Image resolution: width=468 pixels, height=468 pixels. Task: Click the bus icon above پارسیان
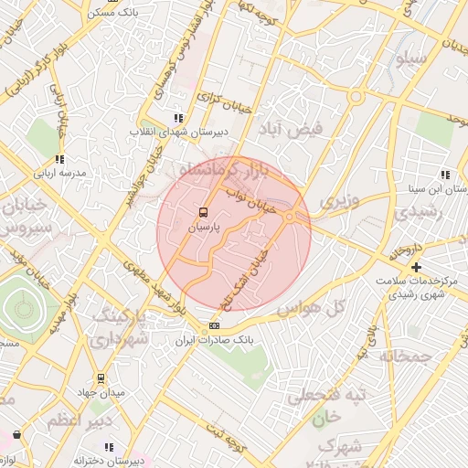tap(203, 215)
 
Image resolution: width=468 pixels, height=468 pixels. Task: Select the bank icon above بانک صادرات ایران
tap(214, 325)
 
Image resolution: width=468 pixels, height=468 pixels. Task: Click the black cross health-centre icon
tap(417, 267)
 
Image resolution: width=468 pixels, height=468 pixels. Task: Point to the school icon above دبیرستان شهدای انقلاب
tap(177, 118)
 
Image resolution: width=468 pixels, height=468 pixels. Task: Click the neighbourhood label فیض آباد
tap(293, 129)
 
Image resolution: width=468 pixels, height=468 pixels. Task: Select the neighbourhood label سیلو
tap(408, 59)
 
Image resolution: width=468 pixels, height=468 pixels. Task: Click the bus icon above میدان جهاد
tap(101, 378)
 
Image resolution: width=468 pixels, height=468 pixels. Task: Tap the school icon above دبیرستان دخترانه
tap(109, 447)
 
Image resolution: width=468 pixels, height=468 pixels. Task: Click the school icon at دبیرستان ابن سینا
tap(445, 175)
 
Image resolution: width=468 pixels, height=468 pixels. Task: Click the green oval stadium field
tap(23, 309)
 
